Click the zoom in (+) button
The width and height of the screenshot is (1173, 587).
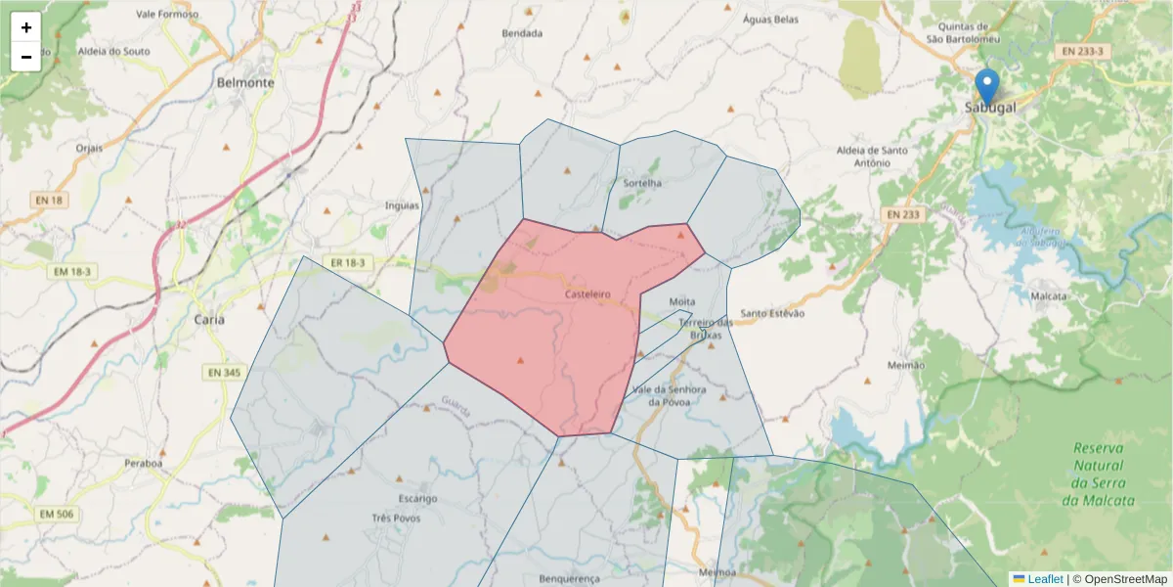tap(26, 27)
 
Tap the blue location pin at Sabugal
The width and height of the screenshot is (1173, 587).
tap(988, 86)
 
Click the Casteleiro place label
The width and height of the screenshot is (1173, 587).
tap(587, 293)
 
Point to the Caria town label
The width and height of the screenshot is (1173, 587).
tap(209, 320)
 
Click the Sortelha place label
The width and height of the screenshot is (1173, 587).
tap(641, 183)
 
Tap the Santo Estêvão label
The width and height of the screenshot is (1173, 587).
tap(772, 313)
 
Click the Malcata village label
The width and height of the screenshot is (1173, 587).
tap(1049, 295)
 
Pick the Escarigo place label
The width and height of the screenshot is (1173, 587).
tap(417, 499)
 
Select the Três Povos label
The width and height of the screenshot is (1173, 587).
tap(396, 518)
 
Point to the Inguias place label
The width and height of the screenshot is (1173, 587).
tap(402, 205)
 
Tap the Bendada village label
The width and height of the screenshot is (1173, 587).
tap(522, 32)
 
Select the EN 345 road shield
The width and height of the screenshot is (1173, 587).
tap(224, 373)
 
